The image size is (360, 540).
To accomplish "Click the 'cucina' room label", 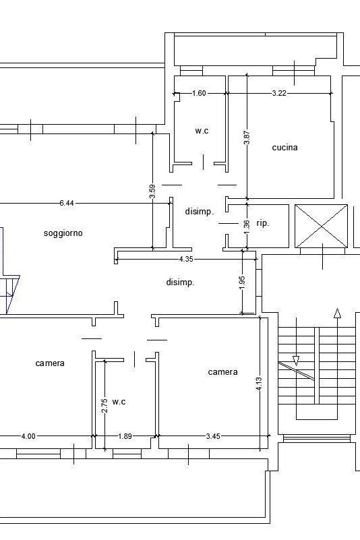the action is (x=284, y=148).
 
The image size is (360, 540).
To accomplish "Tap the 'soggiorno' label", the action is (x=63, y=233).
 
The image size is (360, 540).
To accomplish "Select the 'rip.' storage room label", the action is (x=262, y=223).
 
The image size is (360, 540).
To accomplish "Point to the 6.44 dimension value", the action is (x=67, y=203).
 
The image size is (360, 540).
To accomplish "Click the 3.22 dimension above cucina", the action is (x=278, y=93).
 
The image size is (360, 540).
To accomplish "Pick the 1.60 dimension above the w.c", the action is (x=199, y=93).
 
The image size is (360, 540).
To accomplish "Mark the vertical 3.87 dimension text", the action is (x=247, y=138).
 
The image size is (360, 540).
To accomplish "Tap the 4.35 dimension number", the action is (x=186, y=259).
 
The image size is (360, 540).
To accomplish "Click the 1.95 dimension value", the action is (x=242, y=282).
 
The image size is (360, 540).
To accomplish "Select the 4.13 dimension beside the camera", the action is (x=259, y=384).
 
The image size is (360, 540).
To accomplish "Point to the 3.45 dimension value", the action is (x=213, y=436).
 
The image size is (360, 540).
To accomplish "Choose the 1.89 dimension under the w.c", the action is (x=125, y=436).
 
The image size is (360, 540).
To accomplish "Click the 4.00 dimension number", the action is (x=28, y=436).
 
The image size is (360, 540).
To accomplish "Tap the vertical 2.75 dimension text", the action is (x=105, y=405).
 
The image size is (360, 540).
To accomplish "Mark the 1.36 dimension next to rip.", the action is (x=247, y=224).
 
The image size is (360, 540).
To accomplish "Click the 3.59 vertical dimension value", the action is (x=152, y=191).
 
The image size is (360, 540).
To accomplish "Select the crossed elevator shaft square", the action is (x=321, y=226).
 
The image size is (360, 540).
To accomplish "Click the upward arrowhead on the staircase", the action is (x=338, y=313).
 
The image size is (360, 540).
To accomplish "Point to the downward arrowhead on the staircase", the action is (x=296, y=361).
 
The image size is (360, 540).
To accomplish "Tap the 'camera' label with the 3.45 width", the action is (x=222, y=372).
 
